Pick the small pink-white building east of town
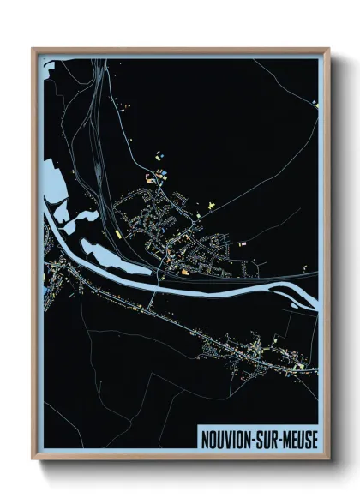pos(243,243)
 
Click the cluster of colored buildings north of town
pos(159,176)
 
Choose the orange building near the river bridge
pos(183,272)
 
